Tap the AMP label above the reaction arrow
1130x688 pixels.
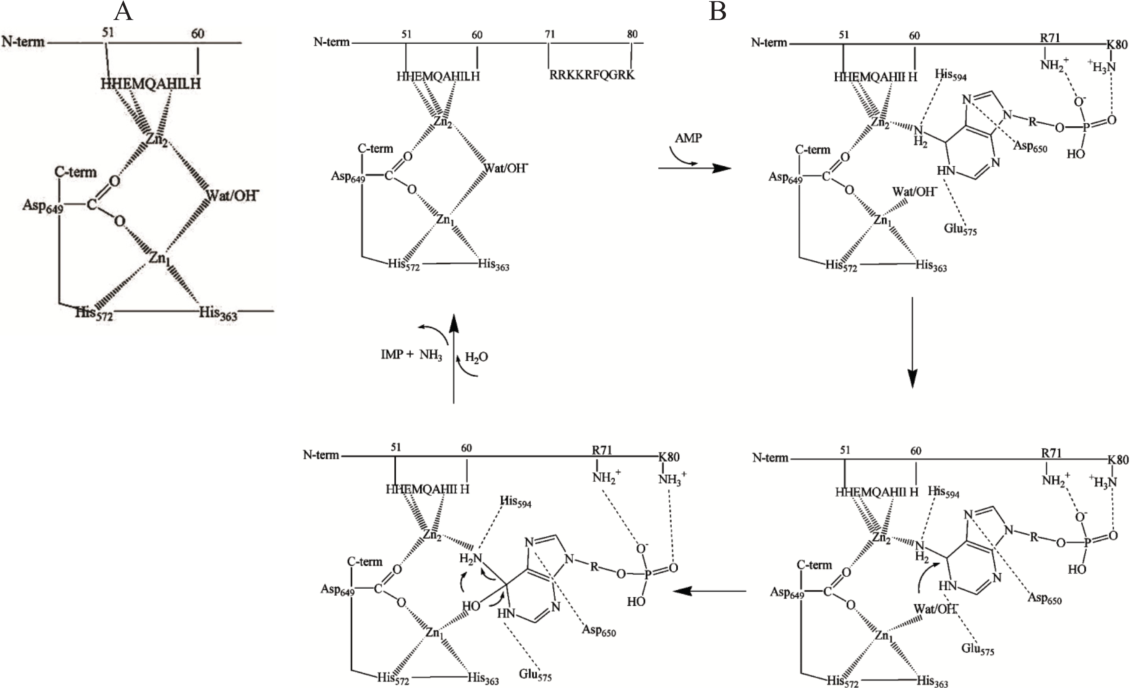pos(688,138)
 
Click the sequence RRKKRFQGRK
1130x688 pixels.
pos(592,75)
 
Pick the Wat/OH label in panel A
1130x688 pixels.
pos(232,196)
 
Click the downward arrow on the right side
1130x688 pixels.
pos(912,344)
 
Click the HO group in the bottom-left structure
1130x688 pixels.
pos(471,606)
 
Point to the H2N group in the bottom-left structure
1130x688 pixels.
pos(470,559)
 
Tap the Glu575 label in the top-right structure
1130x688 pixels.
pos(960,229)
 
